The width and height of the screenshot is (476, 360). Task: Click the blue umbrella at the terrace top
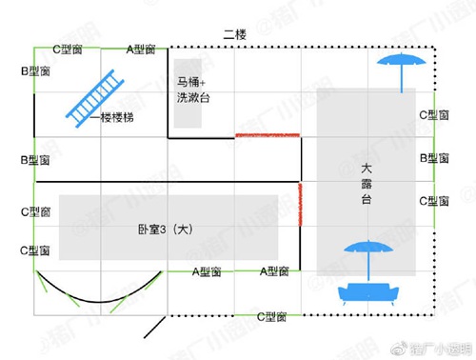coord(399,68)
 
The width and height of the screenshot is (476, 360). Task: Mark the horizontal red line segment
coord(268,136)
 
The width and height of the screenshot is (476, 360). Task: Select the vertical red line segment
coord(301,204)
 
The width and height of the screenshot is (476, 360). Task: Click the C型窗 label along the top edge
coord(69,47)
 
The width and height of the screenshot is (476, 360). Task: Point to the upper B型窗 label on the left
coord(35,70)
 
